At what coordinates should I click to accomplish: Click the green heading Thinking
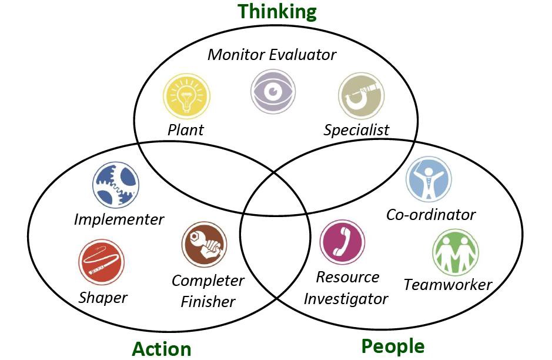(277, 12)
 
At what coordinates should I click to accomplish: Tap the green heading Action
(162, 348)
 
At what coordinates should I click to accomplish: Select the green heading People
(393, 346)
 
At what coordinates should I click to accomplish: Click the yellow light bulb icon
(186, 97)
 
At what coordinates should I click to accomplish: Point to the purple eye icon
(273, 91)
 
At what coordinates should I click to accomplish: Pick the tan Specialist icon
(361, 96)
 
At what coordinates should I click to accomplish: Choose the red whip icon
(101, 263)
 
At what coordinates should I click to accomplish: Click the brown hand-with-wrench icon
(204, 244)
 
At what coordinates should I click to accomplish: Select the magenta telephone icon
(342, 242)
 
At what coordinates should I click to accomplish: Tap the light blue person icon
(429, 179)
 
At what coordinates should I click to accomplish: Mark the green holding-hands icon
(455, 252)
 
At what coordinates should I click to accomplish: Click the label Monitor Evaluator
(272, 55)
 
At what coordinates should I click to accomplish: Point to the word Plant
(186, 129)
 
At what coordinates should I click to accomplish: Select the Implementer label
(119, 219)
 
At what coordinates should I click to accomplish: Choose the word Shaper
(103, 297)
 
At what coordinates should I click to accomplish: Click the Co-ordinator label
(431, 215)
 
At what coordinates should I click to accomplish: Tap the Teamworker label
(448, 285)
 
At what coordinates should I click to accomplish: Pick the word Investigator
(346, 299)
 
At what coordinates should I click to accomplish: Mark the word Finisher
(208, 302)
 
